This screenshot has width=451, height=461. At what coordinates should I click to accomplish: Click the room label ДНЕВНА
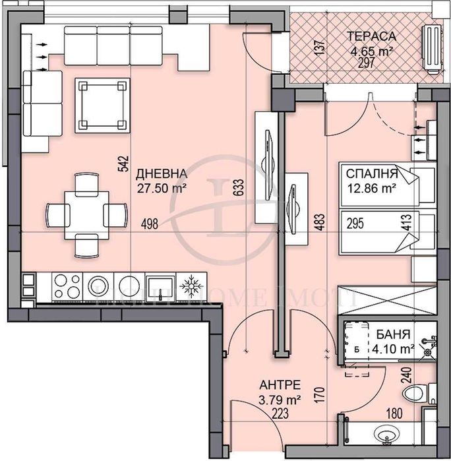tap(161, 174)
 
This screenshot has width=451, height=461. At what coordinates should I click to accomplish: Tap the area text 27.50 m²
tap(161, 187)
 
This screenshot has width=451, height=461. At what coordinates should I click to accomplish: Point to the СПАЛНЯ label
tap(371, 174)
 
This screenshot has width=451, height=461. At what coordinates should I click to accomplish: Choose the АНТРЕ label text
tap(280, 384)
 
